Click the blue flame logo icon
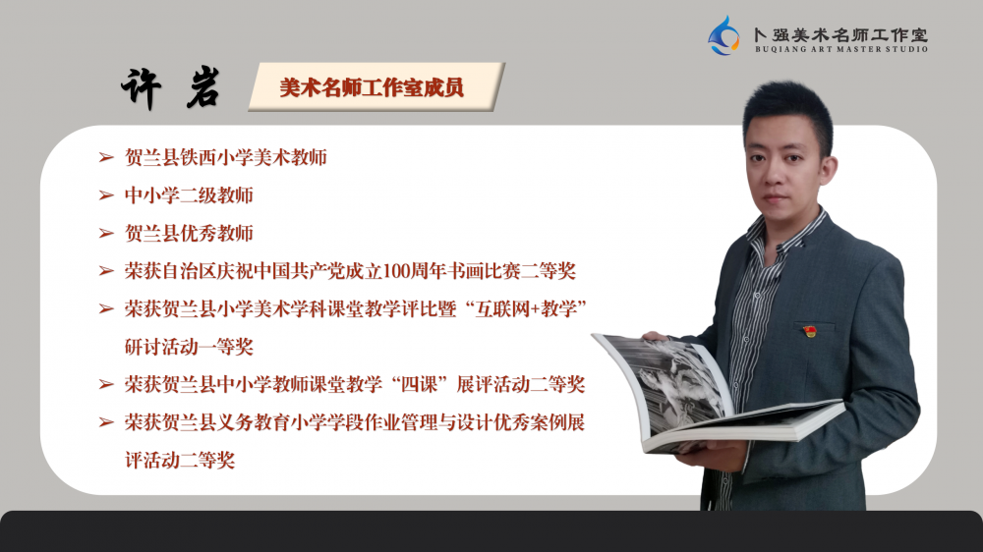click(724, 36)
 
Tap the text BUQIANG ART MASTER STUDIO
click(841, 49)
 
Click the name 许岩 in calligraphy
click(170, 88)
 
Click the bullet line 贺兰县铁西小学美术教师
click(226, 157)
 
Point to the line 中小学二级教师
click(189, 195)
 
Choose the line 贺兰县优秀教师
click(189, 233)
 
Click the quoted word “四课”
click(419, 384)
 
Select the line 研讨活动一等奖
click(189, 347)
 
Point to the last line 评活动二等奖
click(180, 461)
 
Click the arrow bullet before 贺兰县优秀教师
click(106, 233)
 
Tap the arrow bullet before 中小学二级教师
click(106, 195)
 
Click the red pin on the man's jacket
click(810, 330)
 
